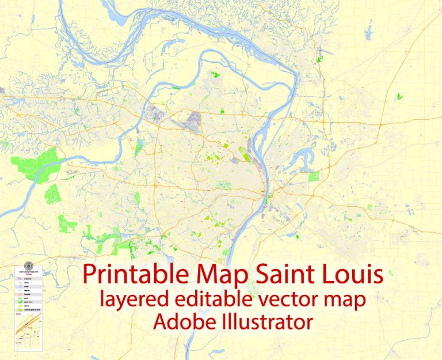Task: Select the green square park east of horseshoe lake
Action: pos(313,176)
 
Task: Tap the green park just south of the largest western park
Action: pos(52,194)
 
